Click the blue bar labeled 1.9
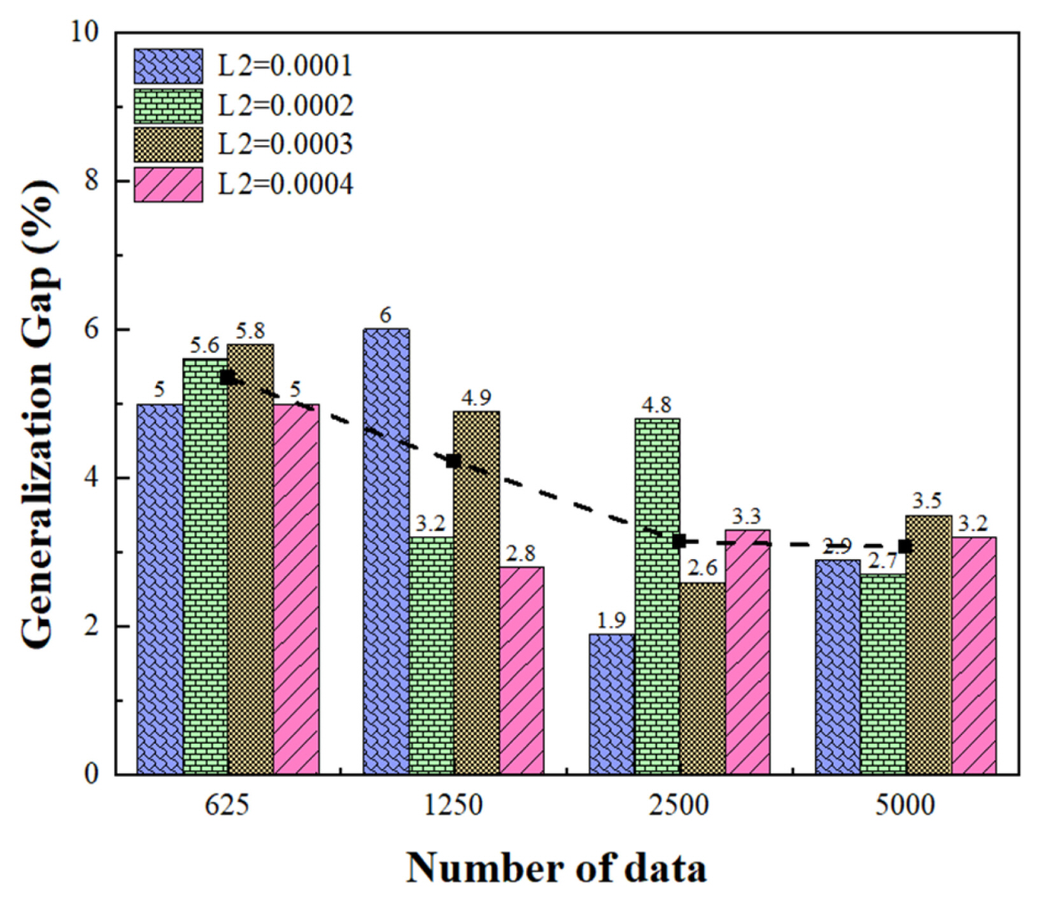[611, 704]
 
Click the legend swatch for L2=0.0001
[168, 66]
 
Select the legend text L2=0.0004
[285, 185]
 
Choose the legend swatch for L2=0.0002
[168, 106]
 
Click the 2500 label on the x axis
[679, 806]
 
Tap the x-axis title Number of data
[556, 868]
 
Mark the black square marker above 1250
[453, 461]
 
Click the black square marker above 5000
[905, 546]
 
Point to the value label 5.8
[250, 331]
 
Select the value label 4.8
[656, 405]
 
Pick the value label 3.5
[927, 501]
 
